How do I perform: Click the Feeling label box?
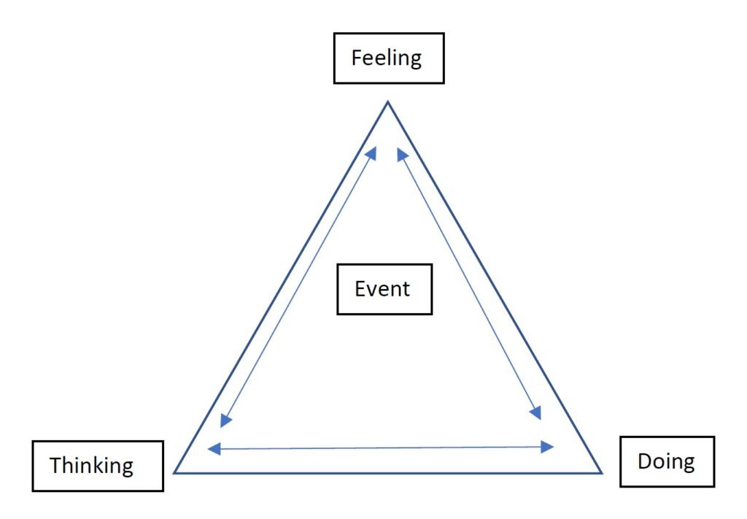(x=388, y=58)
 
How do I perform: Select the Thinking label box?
(x=98, y=466)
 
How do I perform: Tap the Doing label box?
(x=667, y=461)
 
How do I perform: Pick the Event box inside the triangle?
(x=384, y=289)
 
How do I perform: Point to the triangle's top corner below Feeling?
(x=387, y=103)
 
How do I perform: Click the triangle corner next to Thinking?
(x=175, y=472)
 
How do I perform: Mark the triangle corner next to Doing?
(x=601, y=472)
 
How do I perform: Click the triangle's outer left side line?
(x=281, y=288)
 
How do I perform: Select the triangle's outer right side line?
(x=495, y=288)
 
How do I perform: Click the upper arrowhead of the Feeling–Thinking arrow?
(x=371, y=152)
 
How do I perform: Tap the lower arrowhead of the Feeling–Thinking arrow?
(x=226, y=420)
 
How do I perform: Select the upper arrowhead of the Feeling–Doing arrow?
(x=401, y=153)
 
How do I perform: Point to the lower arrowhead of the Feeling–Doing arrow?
(x=536, y=413)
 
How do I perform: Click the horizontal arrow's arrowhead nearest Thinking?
(x=214, y=449)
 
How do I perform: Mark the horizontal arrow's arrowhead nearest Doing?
(x=548, y=447)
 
